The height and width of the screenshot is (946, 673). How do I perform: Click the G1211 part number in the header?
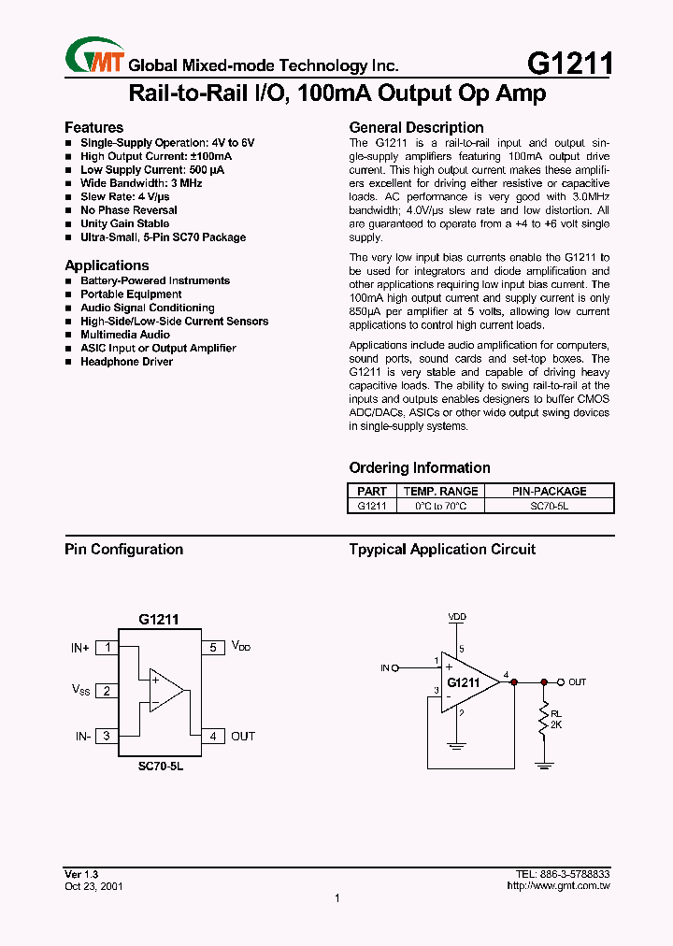(x=570, y=64)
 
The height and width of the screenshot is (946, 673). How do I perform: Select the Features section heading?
(x=93, y=127)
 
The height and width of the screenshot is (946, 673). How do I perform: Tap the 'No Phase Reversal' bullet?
(x=128, y=210)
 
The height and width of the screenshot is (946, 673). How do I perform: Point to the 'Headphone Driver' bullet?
(x=126, y=362)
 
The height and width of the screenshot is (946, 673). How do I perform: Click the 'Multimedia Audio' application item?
(x=125, y=335)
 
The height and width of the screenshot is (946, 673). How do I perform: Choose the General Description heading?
(x=416, y=127)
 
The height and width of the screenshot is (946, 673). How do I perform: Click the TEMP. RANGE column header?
(x=440, y=491)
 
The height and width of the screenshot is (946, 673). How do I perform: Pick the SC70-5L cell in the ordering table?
(x=549, y=506)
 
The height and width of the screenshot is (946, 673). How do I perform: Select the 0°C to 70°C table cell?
(x=440, y=506)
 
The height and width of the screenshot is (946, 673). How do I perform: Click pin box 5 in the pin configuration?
(x=212, y=647)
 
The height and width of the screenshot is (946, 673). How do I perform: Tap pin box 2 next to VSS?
(x=107, y=691)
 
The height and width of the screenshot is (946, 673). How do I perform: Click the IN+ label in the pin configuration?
(x=80, y=647)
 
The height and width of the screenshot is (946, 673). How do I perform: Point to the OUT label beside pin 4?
(x=243, y=737)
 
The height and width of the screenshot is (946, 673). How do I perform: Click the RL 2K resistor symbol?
(x=543, y=721)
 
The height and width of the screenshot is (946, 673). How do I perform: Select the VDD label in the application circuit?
(x=457, y=617)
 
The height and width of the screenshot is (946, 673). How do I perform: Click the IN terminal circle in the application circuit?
(x=394, y=667)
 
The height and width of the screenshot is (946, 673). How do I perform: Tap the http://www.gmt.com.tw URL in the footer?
(x=558, y=885)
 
